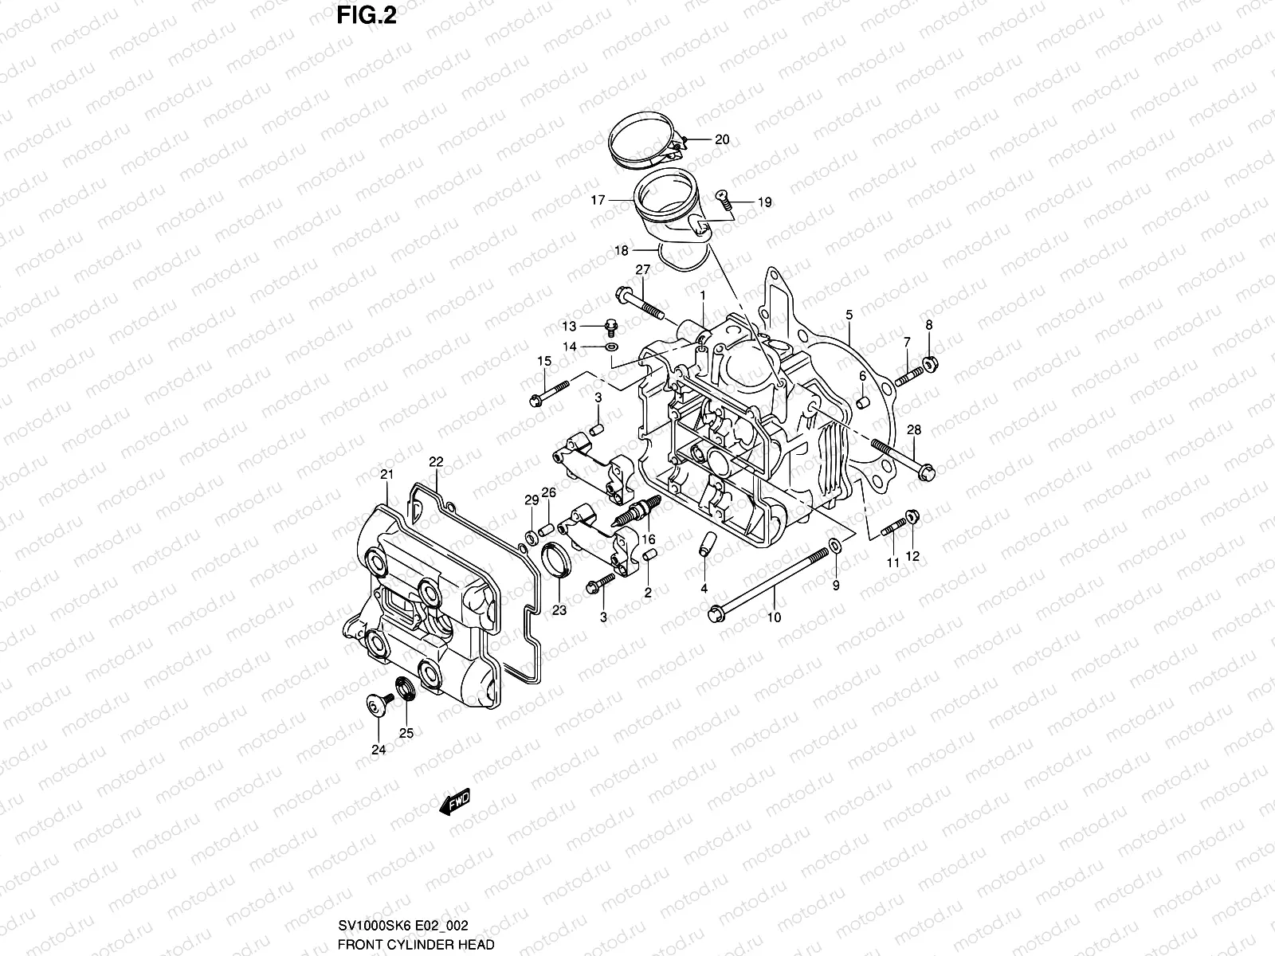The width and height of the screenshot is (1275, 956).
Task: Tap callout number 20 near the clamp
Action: (x=721, y=139)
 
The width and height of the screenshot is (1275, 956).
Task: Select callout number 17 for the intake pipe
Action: (x=598, y=201)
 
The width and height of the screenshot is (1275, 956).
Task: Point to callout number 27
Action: (x=643, y=270)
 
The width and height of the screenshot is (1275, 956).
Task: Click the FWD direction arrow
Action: (x=455, y=802)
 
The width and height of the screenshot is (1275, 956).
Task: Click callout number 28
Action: (x=914, y=430)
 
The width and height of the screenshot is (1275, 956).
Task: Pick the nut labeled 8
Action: (x=929, y=365)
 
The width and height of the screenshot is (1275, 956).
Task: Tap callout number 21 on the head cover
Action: (x=386, y=475)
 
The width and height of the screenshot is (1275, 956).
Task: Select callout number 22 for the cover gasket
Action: (x=436, y=461)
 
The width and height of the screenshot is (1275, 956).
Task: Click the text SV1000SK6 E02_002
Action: (x=403, y=925)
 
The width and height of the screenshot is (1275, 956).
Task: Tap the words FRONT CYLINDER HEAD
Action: (x=415, y=944)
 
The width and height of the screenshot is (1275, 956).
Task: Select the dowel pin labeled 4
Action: (x=704, y=545)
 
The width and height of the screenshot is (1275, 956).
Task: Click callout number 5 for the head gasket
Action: (x=849, y=315)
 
